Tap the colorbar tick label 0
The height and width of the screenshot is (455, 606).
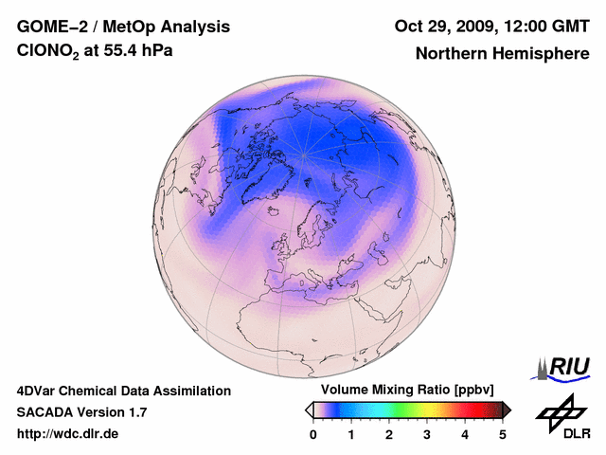312,434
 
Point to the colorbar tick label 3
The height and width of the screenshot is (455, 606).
427,434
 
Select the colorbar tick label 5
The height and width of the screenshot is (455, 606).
503,434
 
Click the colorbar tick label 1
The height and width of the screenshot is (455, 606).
351,434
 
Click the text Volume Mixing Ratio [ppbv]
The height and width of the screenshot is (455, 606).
404,391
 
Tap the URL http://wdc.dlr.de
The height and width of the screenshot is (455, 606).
68,434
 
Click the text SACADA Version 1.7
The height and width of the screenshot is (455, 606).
81,412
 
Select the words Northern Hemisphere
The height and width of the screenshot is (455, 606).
502,53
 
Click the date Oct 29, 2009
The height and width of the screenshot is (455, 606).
437,26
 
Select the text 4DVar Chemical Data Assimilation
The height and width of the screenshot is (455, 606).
124,391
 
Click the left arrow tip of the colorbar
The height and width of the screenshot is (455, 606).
309,409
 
